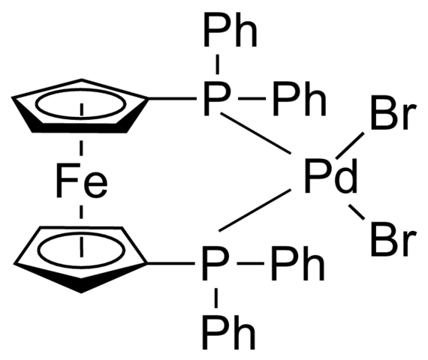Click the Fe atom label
click(x=82, y=180)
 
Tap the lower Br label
click(x=393, y=240)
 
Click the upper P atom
click(x=216, y=98)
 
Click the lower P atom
click(x=214, y=263)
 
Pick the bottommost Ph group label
click(x=229, y=332)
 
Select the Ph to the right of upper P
click(x=300, y=98)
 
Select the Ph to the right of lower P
click(x=298, y=263)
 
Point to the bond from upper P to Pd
click(x=255, y=133)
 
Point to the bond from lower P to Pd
click(x=255, y=210)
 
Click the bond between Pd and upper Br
click(x=350, y=145)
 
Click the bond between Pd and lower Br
click(x=356, y=212)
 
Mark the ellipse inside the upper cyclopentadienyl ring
click(x=81, y=89)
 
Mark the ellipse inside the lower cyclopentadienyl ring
click(x=81, y=232)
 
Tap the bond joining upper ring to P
click(x=173, y=98)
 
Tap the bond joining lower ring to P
click(x=171, y=263)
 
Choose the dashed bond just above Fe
click(x=81, y=148)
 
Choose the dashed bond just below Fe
click(x=81, y=212)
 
